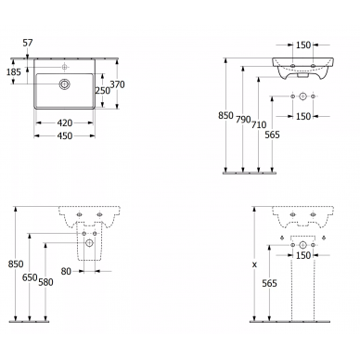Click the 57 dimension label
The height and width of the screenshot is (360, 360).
coord(28,43)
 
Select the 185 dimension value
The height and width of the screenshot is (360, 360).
coord(14,72)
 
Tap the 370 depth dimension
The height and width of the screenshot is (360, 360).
coord(118,84)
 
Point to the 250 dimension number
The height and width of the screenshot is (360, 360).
coord(103,90)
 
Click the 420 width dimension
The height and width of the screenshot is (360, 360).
coord(65,122)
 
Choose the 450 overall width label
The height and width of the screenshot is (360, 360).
coord(65,135)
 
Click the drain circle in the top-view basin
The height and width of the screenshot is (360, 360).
coord(65,84)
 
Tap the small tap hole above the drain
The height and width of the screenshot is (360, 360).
coord(65,67)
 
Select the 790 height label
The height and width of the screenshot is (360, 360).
coord(243,119)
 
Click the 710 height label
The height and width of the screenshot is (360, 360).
coord(259,124)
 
